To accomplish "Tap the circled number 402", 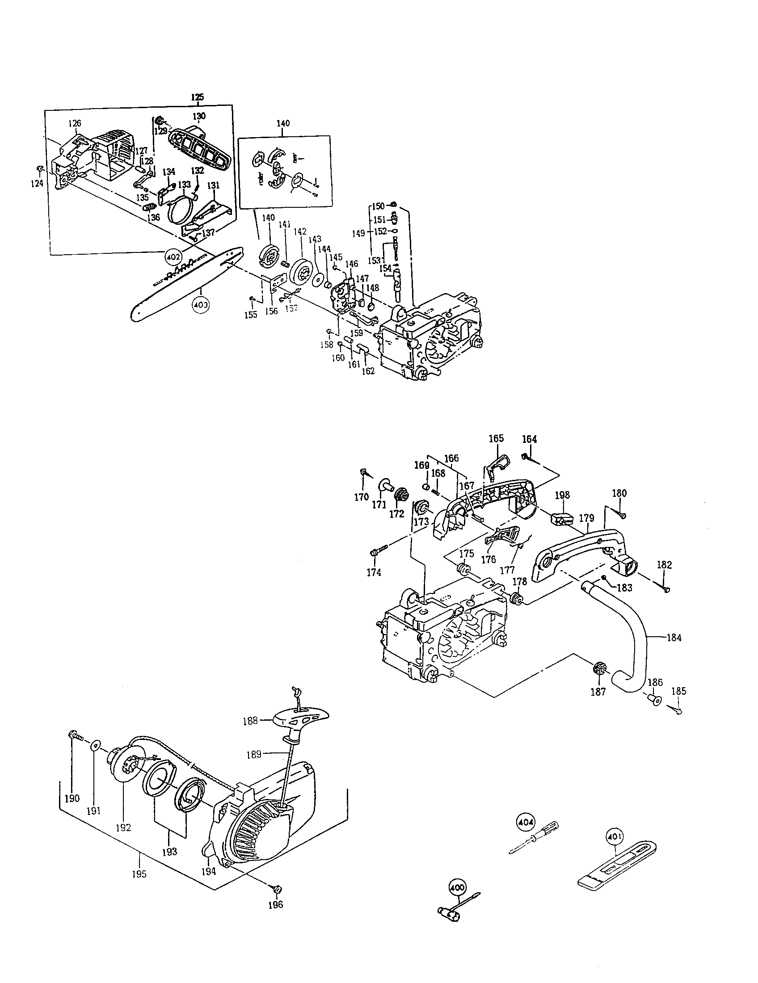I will click(x=174, y=257).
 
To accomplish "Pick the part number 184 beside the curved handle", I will click(x=674, y=638).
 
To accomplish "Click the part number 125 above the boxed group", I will click(x=197, y=97).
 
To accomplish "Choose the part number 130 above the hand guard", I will click(x=199, y=116).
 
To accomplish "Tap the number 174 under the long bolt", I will click(x=374, y=572).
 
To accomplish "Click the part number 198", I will click(x=562, y=495).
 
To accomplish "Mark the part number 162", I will click(x=368, y=371).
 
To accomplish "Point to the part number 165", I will click(x=496, y=439).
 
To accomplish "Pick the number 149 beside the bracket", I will click(x=358, y=233).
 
